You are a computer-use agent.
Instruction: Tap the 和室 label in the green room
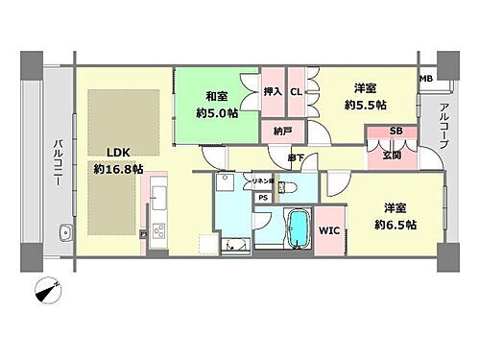coord(216,96)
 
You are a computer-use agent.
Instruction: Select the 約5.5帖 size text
coord(367,105)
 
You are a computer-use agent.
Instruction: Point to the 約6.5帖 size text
coord(395,224)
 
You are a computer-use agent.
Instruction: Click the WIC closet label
coord(328,230)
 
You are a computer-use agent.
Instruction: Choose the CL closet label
coord(296,92)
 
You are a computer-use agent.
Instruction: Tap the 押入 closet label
coord(272,92)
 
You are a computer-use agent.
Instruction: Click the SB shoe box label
coord(396,132)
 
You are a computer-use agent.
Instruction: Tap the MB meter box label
coord(425,79)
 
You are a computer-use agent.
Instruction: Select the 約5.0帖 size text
coord(216,112)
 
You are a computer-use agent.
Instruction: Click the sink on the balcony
coord(65,232)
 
